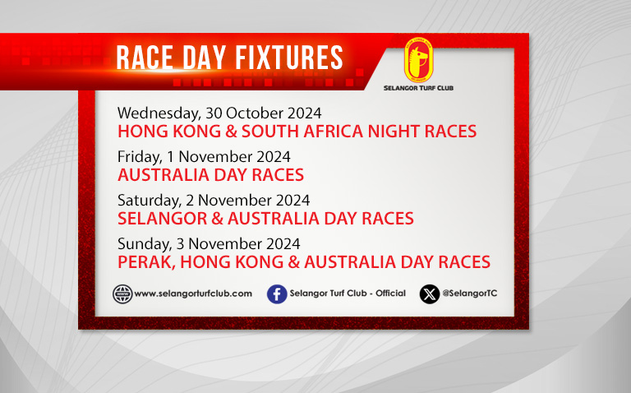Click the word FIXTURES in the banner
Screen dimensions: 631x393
coord(289,58)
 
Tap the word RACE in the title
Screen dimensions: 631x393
coord(145,58)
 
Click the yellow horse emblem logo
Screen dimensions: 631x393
coord(418,60)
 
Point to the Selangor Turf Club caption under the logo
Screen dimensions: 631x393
coord(418,88)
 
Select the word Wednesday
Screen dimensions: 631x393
coord(159,113)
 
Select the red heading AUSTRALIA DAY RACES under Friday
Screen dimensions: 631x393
coord(210,175)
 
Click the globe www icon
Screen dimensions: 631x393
coord(122,294)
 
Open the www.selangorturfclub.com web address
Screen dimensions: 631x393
coord(193,294)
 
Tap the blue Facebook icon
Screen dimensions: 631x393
coord(277,294)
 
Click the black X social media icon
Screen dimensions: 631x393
coord(430,294)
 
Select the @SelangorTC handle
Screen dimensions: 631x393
coord(470,294)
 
